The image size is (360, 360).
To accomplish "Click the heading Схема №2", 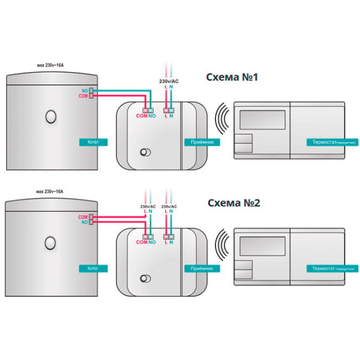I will pos(233,203).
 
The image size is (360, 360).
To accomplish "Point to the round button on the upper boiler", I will pos(51,116).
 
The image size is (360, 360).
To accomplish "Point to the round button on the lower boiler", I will pos(51,242).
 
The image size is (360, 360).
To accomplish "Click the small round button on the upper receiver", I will pos(144,152).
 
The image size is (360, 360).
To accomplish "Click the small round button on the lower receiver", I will pos(144,278).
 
